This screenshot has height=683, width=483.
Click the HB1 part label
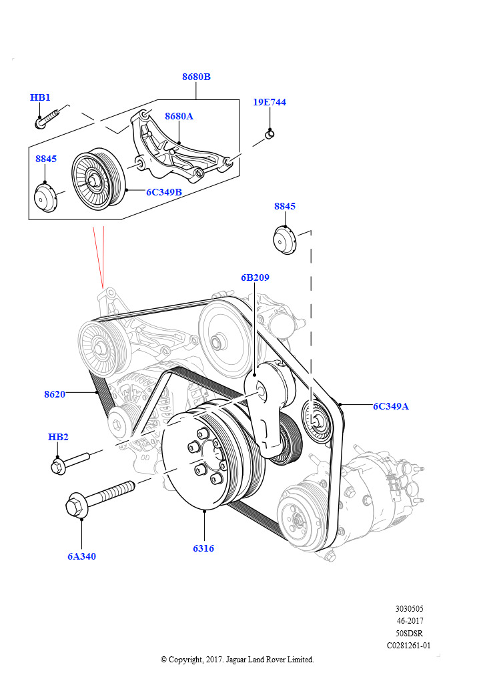click(40, 97)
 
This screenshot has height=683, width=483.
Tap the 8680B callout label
click(196, 77)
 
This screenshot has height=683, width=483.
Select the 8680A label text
click(179, 116)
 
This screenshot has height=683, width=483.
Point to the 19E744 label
click(270, 102)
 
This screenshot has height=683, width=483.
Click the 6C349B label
click(164, 192)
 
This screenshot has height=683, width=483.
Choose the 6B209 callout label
click(256, 277)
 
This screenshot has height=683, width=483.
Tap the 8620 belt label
click(55, 394)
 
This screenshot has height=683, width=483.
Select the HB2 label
click(58, 437)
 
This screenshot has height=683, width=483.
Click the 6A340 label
click(81, 556)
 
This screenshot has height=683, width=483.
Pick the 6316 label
click(203, 548)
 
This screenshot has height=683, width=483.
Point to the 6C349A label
click(391, 406)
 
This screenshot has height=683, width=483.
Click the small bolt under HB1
click(47, 119)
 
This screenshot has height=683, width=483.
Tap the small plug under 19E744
click(270, 135)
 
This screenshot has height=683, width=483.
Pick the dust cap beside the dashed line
click(285, 240)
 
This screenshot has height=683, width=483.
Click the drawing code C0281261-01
click(409, 646)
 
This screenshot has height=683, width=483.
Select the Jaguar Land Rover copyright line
click(237, 660)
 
